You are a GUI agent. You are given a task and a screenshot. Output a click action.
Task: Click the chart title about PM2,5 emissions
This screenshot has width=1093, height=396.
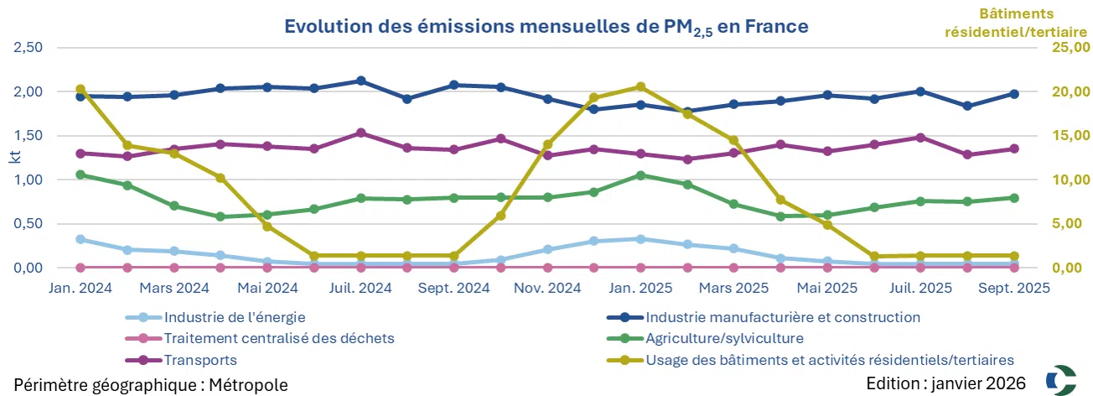[546, 28]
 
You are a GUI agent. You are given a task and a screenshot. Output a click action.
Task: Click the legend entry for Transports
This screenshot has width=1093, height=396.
[200, 360]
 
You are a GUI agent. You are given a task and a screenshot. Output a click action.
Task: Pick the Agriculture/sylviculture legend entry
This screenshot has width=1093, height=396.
[724, 339]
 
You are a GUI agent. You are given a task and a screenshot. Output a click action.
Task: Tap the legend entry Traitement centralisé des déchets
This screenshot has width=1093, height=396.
[279, 339]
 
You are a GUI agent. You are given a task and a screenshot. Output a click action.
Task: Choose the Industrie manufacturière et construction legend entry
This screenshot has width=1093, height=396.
[782, 318]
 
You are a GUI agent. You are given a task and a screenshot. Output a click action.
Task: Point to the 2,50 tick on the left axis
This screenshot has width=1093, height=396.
[29, 47]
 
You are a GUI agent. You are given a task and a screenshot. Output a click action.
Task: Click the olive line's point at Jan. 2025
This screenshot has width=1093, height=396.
[640, 87]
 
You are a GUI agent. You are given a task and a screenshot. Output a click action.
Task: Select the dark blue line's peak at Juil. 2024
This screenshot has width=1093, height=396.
[360, 81]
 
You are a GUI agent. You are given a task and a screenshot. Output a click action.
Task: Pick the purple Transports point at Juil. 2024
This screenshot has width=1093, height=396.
[360, 133]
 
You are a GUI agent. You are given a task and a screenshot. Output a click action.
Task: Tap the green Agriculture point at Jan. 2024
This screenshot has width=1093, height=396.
[80, 175]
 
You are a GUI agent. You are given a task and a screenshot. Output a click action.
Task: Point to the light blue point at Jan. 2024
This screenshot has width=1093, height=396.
[80, 239]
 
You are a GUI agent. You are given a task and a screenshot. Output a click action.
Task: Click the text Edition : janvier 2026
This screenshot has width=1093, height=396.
[946, 383]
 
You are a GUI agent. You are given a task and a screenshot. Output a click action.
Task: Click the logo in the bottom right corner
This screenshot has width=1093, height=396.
[1063, 378]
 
